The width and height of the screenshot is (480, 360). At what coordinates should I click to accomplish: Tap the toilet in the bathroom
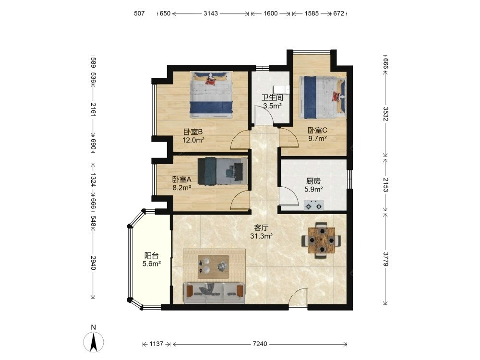pyautogui.click(x=282, y=89)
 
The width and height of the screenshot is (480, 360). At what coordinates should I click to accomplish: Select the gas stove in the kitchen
pyautogui.click(x=314, y=205)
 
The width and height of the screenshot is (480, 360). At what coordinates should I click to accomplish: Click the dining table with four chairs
pyautogui.click(x=322, y=240)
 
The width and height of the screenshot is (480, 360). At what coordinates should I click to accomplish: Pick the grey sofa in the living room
pyautogui.click(x=214, y=293)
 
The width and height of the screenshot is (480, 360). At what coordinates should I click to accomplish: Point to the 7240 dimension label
pyautogui.click(x=260, y=344)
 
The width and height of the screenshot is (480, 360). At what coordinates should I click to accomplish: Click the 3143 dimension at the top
pyautogui.click(x=211, y=13)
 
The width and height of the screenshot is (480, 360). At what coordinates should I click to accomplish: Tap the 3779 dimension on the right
pyautogui.click(x=386, y=259)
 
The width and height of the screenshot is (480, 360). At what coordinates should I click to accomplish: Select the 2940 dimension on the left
pyautogui.click(x=94, y=263)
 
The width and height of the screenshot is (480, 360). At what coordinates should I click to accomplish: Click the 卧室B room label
pyautogui.click(x=193, y=132)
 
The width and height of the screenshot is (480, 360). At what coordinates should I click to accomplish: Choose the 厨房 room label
pyautogui.click(x=313, y=181)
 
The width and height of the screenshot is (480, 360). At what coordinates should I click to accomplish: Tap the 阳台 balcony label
pyautogui.click(x=152, y=255)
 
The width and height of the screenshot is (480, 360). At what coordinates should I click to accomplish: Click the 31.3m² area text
pyautogui.click(x=262, y=236)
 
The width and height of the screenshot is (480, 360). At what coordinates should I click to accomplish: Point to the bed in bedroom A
pyautogui.click(x=223, y=171)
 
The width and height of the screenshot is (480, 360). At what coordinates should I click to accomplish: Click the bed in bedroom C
pyautogui.click(x=323, y=97)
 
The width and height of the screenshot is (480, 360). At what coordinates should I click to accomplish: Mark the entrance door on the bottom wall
pyautogui.click(x=299, y=297)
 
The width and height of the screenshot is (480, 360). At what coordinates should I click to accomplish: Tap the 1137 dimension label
pyautogui.click(x=156, y=344)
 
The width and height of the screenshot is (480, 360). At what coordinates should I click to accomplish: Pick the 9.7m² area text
pyautogui.click(x=317, y=138)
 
